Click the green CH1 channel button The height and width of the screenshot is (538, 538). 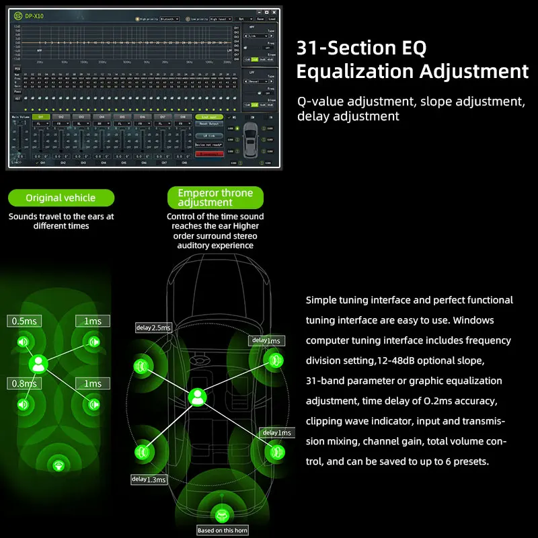click(40, 116)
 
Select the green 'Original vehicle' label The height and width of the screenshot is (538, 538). click(61, 198)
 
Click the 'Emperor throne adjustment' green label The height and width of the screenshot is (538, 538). click(215, 198)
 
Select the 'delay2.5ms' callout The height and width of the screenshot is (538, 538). click(153, 328)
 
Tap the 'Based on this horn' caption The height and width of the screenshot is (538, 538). click(223, 530)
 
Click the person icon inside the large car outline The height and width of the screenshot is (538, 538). click(197, 397)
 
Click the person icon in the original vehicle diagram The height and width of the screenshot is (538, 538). click(38, 364)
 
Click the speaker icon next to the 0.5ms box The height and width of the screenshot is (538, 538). click(23, 342)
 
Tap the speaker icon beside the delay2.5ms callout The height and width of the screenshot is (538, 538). click(142, 367)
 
